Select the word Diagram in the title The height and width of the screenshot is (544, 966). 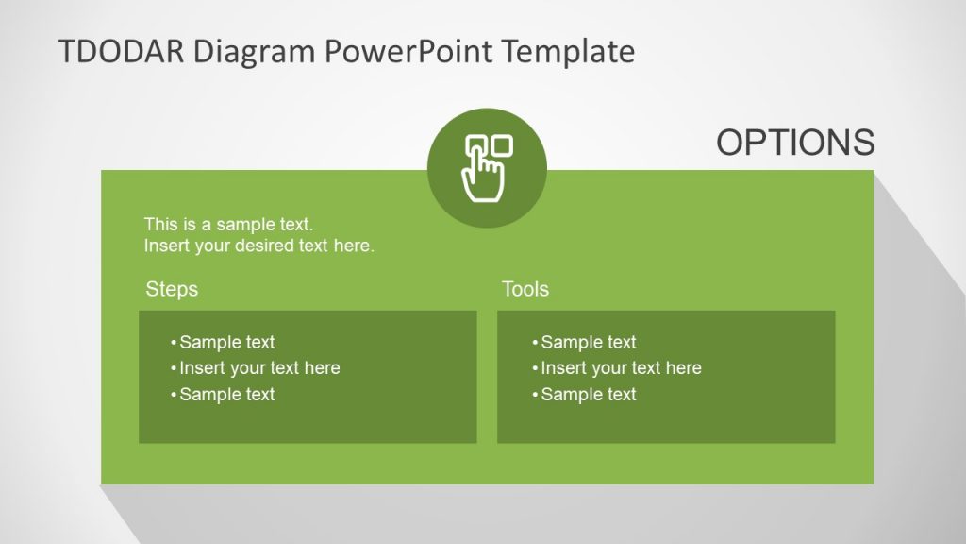pos(256,51)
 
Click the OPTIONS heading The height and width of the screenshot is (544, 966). pos(794,143)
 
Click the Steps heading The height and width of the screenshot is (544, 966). pos(172,289)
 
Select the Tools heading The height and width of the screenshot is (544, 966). pos(525,289)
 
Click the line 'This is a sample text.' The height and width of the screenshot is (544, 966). pos(228,225)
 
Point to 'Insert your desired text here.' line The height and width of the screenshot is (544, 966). pos(259,246)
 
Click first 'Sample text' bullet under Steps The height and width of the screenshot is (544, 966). pos(226,343)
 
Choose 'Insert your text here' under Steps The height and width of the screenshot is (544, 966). pos(259,368)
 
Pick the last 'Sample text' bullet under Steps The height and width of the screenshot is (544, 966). pos(226,395)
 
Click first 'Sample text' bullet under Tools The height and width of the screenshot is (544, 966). pos(588,343)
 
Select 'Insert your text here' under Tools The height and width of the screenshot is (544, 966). pos(621,368)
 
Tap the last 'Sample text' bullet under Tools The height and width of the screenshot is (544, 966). pos(588,395)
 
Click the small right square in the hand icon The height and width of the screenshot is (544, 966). pos(502,145)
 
